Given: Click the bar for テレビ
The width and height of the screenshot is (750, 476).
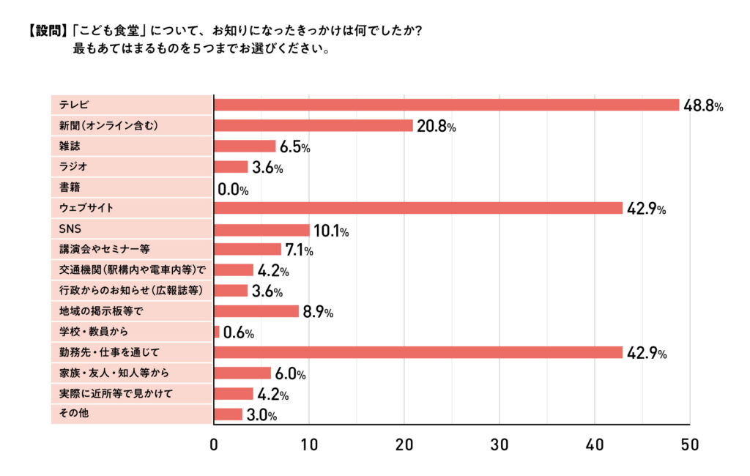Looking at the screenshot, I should pos(447,105).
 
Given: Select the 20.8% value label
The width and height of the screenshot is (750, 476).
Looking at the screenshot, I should pos(437,127).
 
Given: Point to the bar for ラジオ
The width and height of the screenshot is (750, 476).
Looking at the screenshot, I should pos(231,167).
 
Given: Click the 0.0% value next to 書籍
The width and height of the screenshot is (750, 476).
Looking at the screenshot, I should pos(234,190).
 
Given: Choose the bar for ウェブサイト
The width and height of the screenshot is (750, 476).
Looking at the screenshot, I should pos(418,208).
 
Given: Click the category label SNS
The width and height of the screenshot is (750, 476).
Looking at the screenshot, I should pos(70,229).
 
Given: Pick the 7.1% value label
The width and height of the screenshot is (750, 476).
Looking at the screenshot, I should pos(298,250).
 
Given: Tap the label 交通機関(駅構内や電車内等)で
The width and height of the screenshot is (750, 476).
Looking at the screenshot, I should pos(127,270).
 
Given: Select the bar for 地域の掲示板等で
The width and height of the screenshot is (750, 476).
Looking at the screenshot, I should pos(256,311).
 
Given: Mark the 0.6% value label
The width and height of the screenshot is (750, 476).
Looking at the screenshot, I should pos(239,333).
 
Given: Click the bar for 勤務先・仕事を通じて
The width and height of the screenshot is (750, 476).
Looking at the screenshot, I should pos(418,352).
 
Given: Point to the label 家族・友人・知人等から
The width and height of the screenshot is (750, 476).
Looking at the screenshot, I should pos(114,373).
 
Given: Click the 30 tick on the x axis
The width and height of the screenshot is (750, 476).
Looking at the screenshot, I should pos(500,445).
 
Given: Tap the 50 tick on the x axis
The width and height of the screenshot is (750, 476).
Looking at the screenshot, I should pos(689,445).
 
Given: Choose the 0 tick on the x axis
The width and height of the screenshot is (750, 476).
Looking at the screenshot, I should pos(214,445).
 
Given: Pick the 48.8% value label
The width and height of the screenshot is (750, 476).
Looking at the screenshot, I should pos(703,105).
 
